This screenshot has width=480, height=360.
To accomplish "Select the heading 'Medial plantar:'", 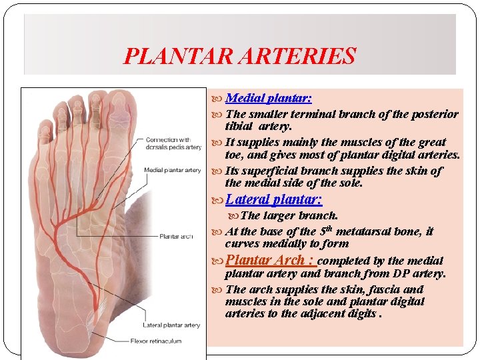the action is pos(269,98).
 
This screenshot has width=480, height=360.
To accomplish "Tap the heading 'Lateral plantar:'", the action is pos(274,199).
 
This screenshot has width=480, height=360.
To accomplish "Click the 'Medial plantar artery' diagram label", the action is pos(172,170).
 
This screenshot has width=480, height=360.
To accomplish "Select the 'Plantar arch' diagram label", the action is pos(177,236).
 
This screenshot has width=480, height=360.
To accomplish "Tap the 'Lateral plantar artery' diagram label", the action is pos(171,325).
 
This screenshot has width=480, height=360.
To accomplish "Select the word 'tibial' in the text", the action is pos(239,126).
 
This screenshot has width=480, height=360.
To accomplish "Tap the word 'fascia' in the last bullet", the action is pos(383,289).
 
